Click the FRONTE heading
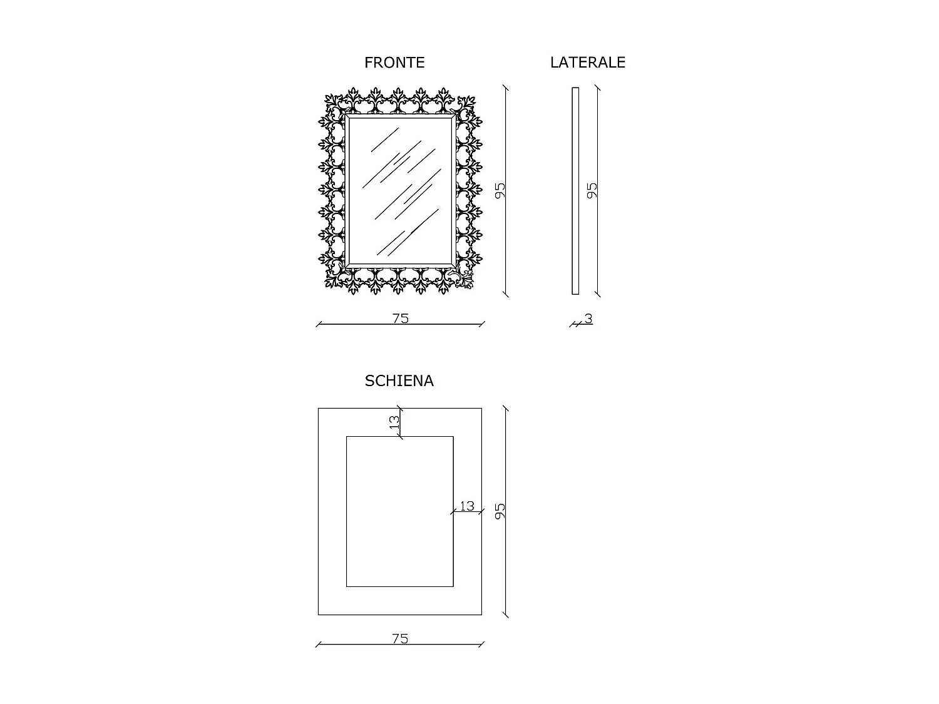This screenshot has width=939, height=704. (x=394, y=63)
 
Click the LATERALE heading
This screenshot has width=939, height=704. (x=587, y=63)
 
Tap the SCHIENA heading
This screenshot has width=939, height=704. (x=399, y=381)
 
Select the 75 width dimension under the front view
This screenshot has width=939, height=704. (x=401, y=319)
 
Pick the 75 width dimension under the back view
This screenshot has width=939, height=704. (x=400, y=638)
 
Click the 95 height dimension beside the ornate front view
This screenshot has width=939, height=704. (x=500, y=190)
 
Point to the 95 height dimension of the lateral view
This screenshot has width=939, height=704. (x=592, y=190)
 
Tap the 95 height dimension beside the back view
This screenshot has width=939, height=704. (x=500, y=511)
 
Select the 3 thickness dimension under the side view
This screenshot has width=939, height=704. (x=588, y=319)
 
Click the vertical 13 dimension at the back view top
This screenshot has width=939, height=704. (x=394, y=422)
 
